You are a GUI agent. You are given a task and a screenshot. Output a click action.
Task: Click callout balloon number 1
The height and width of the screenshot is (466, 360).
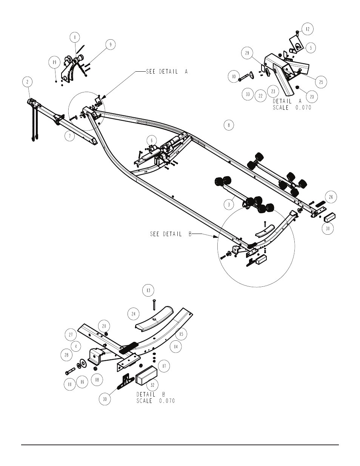[75, 37]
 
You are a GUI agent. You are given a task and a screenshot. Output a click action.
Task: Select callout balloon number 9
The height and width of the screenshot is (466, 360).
[111, 45]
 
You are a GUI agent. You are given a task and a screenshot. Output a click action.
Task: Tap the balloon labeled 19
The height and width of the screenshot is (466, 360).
[54, 62]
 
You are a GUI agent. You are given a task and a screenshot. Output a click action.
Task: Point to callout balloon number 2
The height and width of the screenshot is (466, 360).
[28, 82]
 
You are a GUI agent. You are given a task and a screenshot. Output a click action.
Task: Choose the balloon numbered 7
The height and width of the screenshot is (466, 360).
[70, 136]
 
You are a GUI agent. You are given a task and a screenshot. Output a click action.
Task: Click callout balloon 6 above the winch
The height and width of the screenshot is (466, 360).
[152, 141]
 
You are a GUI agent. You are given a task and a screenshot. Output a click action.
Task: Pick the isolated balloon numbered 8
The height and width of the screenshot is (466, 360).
[229, 125]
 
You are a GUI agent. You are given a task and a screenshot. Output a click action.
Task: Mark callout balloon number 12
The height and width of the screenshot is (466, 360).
[308, 29]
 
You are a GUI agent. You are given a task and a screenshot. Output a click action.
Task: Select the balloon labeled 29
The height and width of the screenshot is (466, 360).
[247, 53]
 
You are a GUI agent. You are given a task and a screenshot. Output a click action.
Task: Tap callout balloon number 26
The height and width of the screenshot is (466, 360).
[331, 197]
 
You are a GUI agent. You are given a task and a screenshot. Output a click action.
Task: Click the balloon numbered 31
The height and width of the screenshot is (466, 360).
[328, 229]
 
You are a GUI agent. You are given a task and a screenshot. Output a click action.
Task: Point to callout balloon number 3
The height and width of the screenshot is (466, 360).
[229, 205]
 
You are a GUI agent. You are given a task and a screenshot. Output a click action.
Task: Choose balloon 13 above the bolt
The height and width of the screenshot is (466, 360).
[148, 291]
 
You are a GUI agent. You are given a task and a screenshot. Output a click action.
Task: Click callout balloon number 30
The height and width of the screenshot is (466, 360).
[105, 399]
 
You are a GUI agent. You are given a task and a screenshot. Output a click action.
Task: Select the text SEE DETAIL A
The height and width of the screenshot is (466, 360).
[167, 72]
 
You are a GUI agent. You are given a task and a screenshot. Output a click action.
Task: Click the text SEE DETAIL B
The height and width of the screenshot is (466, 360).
[171, 234]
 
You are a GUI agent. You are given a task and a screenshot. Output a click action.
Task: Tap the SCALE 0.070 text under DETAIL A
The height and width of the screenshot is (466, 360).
[292, 108]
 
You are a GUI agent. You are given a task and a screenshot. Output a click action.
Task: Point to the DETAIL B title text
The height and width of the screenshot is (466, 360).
[151, 394]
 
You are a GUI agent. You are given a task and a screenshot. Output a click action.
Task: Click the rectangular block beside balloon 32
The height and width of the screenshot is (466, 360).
[146, 375]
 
